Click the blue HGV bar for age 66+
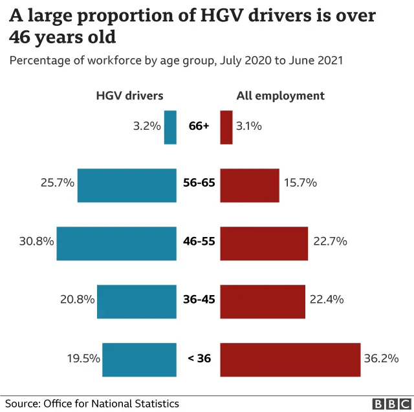click(170, 127)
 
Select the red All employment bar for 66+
click(226, 127)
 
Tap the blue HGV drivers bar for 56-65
click(127, 185)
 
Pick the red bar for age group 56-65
click(250, 185)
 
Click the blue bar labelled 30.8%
click(116, 243)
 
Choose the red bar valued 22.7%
click(264, 243)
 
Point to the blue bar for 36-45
click(136, 301)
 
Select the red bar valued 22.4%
click(263, 301)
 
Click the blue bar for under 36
click(139, 360)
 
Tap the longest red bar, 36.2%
click(290, 360)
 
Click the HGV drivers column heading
click(129, 96)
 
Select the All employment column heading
click(280, 96)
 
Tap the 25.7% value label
click(57, 183)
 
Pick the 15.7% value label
click(300, 183)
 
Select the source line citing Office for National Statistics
click(92, 404)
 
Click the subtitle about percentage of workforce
click(175, 61)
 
